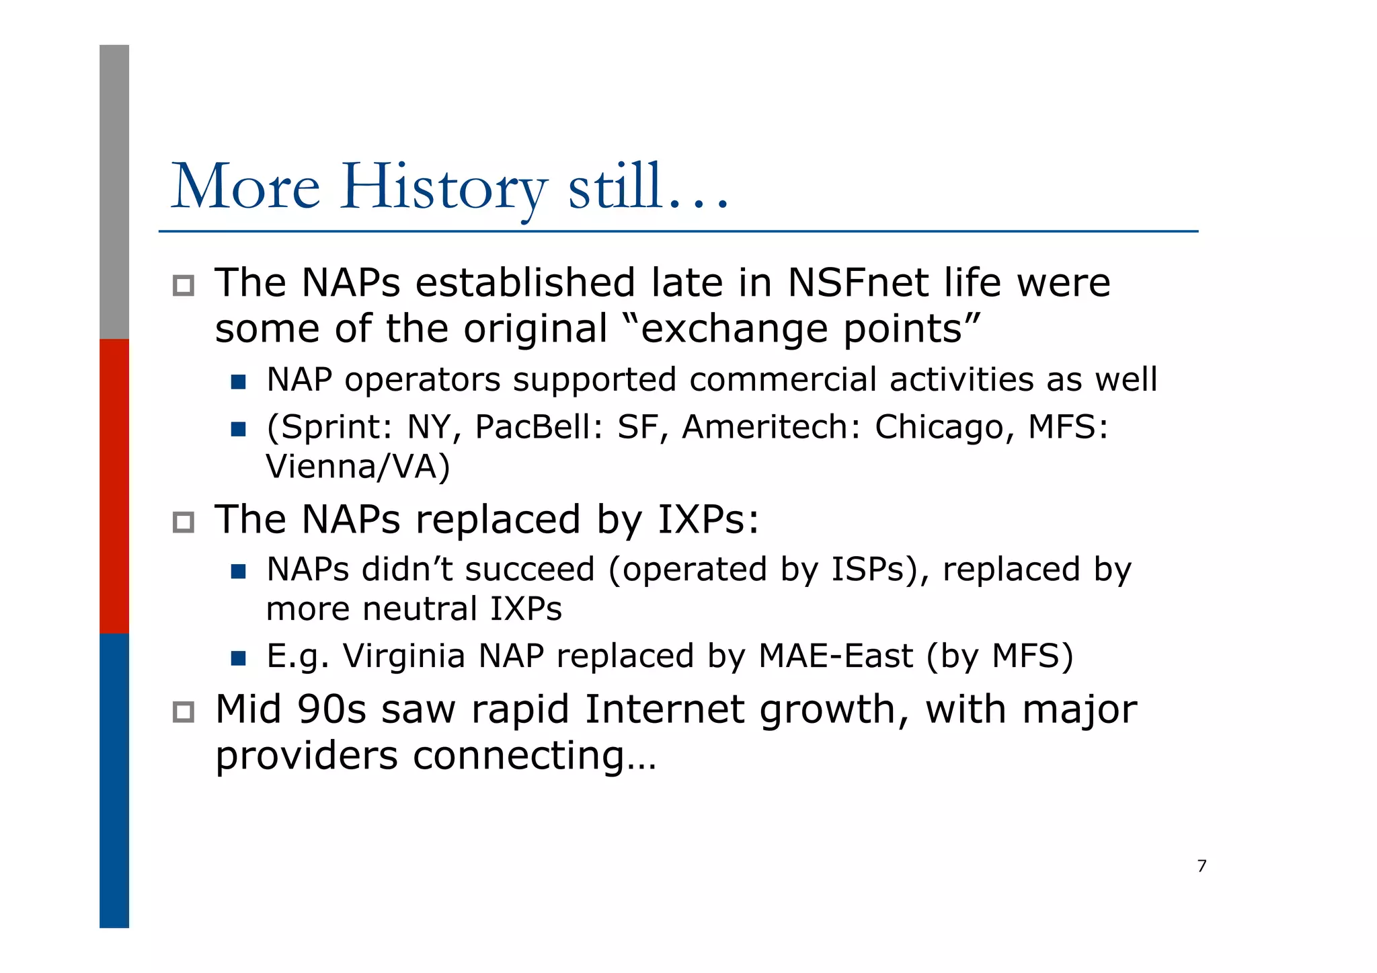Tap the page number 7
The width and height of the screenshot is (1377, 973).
coord(1202,866)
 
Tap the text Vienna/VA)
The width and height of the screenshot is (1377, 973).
coord(358,467)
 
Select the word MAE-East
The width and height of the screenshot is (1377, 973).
coord(836,656)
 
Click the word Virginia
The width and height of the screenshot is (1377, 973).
coord(404,656)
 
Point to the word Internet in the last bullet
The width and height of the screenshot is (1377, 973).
coord(664,710)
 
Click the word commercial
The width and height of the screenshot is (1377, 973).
coord(783,380)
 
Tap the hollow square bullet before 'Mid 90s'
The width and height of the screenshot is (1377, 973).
coord(183,712)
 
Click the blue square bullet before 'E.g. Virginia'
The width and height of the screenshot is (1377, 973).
coord(238,658)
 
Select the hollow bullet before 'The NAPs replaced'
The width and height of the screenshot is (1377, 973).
coord(183,522)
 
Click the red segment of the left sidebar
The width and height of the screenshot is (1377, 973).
coord(114,485)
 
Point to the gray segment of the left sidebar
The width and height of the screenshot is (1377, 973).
coord(114,192)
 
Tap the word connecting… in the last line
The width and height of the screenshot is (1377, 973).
coord(535,756)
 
